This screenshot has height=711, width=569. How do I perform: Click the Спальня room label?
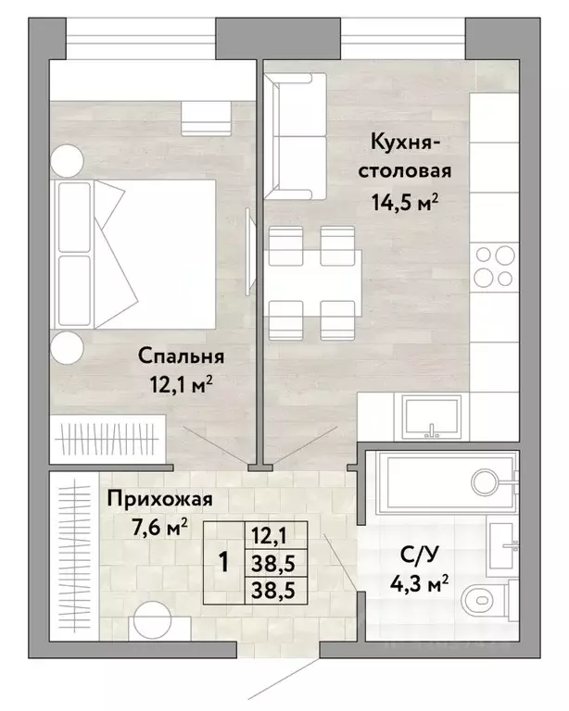181,355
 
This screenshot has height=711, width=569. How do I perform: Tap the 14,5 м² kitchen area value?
405,202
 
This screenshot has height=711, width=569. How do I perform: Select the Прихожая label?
159,500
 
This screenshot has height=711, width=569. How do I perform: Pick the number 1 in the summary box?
223,563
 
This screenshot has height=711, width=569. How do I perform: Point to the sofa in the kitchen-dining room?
296,136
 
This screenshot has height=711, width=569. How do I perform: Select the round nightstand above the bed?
67,160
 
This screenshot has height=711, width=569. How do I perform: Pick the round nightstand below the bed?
67,347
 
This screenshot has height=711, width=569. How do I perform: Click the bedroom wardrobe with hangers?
107,439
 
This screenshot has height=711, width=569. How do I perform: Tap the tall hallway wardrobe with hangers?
74,556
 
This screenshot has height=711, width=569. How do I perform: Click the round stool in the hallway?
154,620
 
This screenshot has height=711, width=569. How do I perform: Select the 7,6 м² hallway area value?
158,528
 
